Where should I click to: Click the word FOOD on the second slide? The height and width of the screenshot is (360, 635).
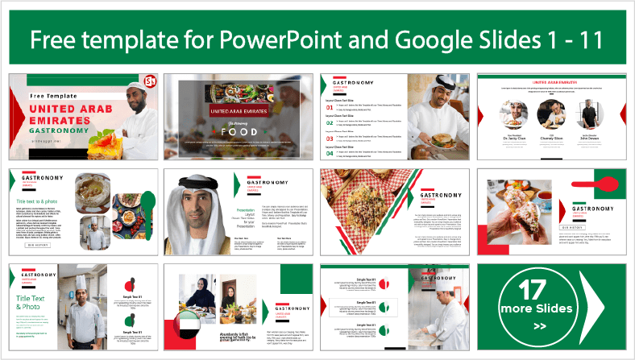point(240,131)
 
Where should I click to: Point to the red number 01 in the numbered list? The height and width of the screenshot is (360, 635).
point(330,107)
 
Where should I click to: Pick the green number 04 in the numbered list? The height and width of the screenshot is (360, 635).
point(330,151)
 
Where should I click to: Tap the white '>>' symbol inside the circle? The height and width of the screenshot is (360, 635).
point(540,325)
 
